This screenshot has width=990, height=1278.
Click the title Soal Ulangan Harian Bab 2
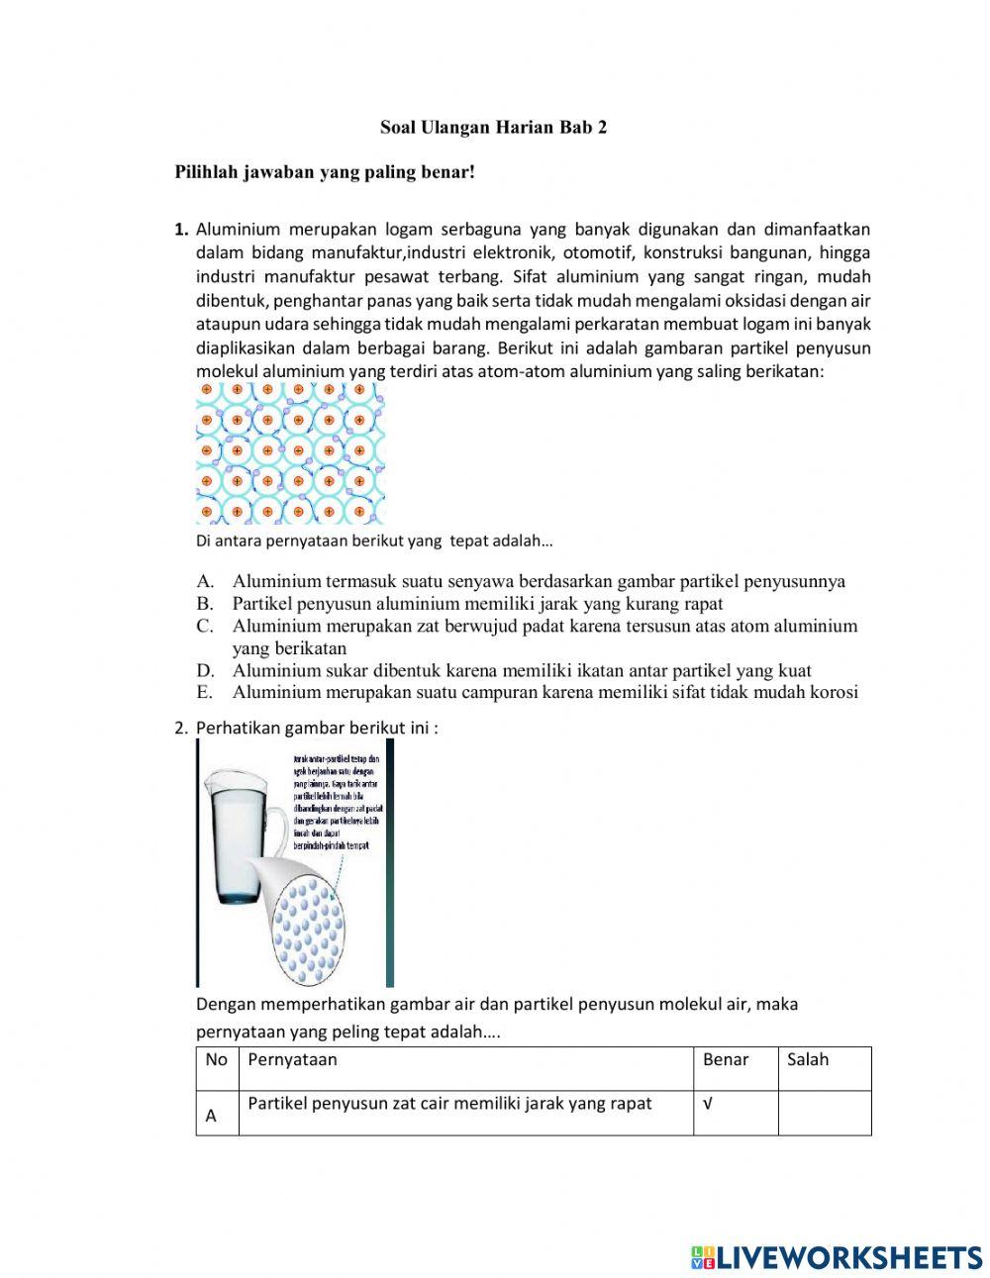click(x=493, y=128)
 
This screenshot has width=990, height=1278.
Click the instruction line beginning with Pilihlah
click(x=325, y=172)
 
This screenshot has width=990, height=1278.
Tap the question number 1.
click(x=181, y=230)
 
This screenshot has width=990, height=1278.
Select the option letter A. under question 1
click(x=205, y=581)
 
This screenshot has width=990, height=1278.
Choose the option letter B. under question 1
click(x=205, y=603)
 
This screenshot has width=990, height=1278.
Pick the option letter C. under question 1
click(x=205, y=626)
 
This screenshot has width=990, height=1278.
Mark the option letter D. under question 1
click(x=205, y=670)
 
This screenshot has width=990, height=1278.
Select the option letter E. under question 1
click(x=205, y=692)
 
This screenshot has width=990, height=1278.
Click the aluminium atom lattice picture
click(x=290, y=452)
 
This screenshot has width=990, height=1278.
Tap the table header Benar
click(x=726, y=1060)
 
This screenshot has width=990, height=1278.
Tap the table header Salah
click(x=808, y=1060)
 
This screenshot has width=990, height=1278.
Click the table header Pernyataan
click(x=292, y=1060)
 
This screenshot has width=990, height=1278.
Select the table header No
click(x=216, y=1060)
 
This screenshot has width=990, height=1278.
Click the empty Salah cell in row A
click(x=824, y=1113)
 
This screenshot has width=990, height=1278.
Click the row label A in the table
click(x=211, y=1117)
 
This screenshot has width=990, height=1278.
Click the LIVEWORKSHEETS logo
click(x=837, y=1257)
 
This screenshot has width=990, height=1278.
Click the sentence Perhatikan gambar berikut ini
click(x=316, y=728)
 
